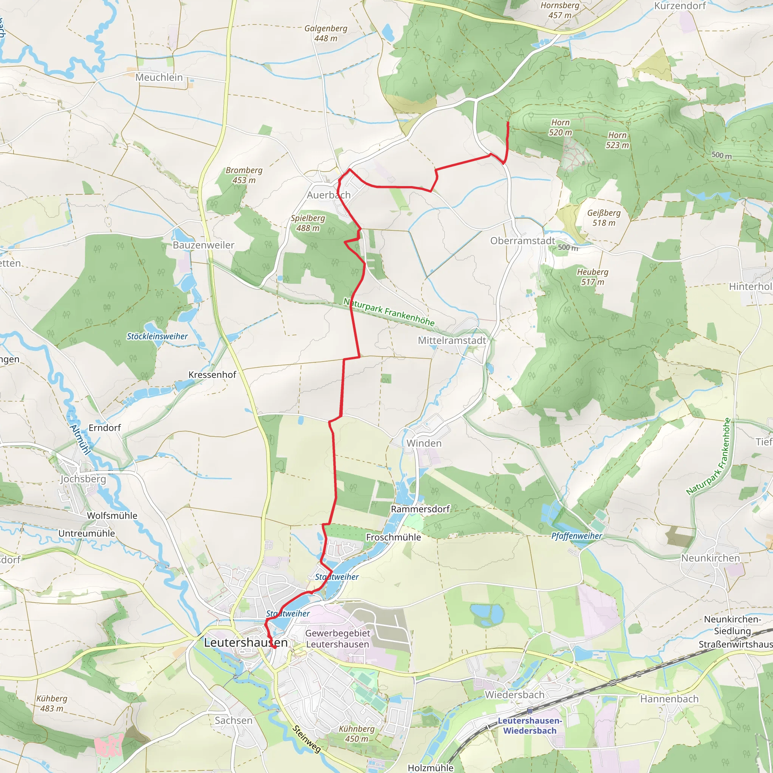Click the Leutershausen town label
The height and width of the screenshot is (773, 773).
click(246, 642)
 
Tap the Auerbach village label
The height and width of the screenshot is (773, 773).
click(328, 195)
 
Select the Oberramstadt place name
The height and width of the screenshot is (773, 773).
click(522, 241)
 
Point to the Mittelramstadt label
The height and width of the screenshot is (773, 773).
click(452, 340)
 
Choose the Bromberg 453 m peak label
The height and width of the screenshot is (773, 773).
click(244, 175)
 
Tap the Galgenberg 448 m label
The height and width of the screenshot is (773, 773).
click(326, 33)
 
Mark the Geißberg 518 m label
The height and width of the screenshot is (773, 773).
click(604, 218)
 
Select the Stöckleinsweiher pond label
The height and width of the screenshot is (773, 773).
click(157, 336)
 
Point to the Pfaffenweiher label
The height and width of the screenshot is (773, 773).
click(577, 536)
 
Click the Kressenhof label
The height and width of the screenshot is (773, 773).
click(212, 375)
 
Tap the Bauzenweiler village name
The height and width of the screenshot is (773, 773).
click(203, 245)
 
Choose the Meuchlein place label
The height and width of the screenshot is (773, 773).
click(159, 77)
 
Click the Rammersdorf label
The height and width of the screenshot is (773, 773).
click(420, 509)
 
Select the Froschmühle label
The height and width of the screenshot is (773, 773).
click(393, 537)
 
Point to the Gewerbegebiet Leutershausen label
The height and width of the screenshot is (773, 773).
click(338, 639)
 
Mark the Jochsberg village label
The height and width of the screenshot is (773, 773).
click(83, 479)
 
